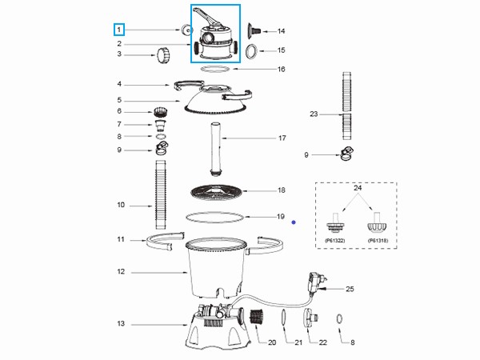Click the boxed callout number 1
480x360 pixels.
[118, 30]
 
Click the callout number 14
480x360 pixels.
[280, 31]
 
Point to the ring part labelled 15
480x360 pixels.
[250, 51]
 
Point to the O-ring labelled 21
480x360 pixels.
[285, 318]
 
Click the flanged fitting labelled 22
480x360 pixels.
[307, 318]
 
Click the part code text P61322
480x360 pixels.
[334, 239]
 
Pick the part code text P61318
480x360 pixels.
[378, 239]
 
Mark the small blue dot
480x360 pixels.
[294, 222]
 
